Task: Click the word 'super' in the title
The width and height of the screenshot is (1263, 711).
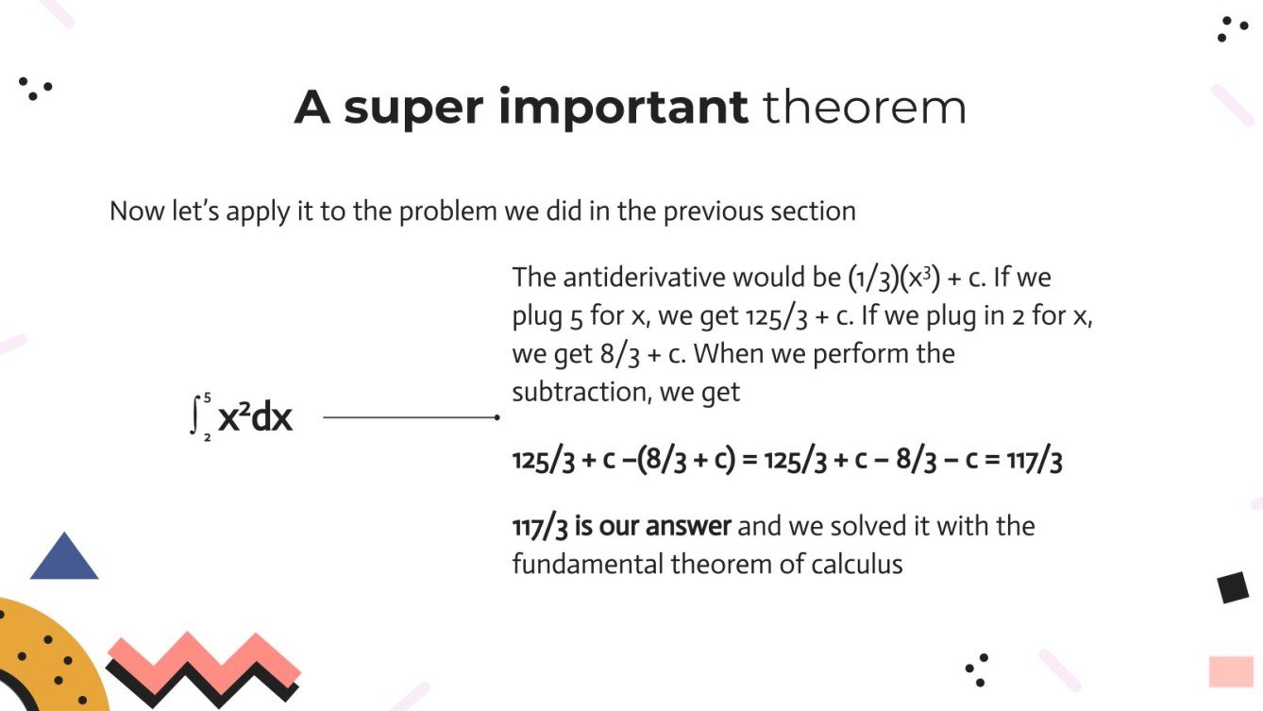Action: point(413,109)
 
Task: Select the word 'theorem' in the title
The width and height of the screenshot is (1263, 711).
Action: point(865,107)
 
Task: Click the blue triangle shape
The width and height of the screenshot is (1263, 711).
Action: point(64,559)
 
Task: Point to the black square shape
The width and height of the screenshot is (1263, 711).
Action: point(1233,587)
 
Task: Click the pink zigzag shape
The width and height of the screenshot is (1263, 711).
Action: point(203,658)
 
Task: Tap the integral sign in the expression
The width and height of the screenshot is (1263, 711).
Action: point(195,416)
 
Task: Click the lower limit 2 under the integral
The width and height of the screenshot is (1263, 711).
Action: point(207,437)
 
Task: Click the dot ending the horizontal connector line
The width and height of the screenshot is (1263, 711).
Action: point(497,416)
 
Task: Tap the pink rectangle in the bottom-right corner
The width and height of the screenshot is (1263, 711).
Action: point(1231,671)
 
